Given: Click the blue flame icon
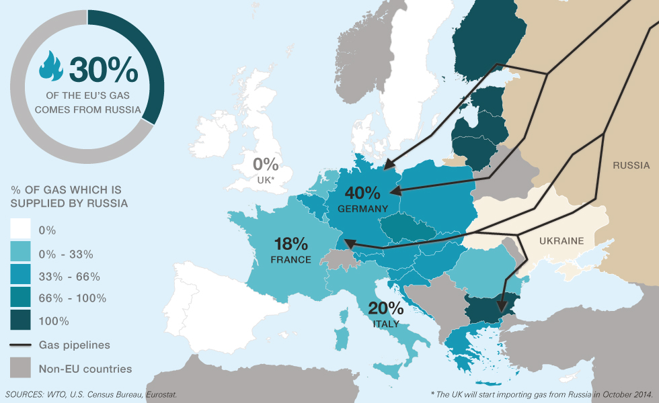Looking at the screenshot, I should pos(51,65).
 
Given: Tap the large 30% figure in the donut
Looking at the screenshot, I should pos(103,69).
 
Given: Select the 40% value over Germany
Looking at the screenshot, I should pos(363,193).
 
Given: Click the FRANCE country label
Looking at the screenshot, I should pos(290,259).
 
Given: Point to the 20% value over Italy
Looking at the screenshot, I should pos(386,308).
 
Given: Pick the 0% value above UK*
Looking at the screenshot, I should pos(266,163).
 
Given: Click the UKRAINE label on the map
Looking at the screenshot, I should pos(561,241).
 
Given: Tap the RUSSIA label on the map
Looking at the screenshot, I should pos(631,165).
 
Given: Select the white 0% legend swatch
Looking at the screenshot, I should pos(20,230).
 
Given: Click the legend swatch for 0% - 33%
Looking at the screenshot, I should pos(20,253).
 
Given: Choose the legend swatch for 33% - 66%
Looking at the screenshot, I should pos(20,276).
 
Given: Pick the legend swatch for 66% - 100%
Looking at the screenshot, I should pos(20,298).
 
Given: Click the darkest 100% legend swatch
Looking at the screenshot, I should pos(20,320).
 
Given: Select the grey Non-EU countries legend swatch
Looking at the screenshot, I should pos(20,368).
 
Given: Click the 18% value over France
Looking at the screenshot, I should pos(290,244).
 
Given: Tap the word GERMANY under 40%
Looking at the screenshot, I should pos(363,209).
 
